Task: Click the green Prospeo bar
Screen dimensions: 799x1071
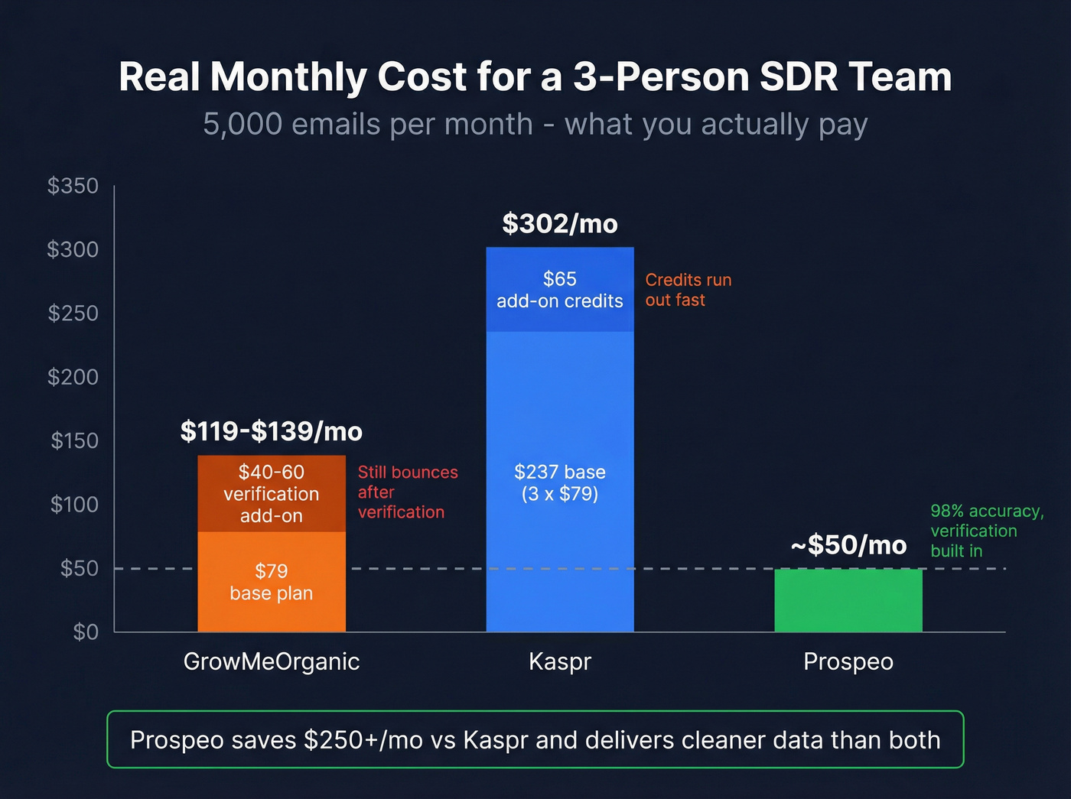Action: (x=848, y=601)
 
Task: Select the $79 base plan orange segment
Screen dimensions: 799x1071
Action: (x=272, y=582)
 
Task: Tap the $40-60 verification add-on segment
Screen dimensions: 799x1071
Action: (x=272, y=494)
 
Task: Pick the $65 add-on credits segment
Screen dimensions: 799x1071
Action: (x=560, y=290)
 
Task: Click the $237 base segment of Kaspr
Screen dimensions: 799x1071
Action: (x=560, y=482)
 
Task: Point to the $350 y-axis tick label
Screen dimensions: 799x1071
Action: (x=73, y=186)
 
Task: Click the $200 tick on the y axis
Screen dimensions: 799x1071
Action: (x=73, y=377)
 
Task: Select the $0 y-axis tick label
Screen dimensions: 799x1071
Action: (x=85, y=632)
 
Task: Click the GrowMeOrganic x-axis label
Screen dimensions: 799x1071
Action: (x=272, y=661)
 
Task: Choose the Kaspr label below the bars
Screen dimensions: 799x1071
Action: (x=560, y=661)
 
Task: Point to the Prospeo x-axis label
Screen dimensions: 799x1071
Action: (x=848, y=661)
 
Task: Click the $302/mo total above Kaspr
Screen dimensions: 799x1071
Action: (x=560, y=224)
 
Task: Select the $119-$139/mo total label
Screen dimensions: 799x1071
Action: (x=272, y=432)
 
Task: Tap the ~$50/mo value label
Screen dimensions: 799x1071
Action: (x=848, y=545)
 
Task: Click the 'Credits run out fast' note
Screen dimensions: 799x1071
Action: (x=688, y=290)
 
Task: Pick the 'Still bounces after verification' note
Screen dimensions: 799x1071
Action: (x=407, y=492)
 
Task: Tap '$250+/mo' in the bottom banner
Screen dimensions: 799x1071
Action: (x=363, y=740)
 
